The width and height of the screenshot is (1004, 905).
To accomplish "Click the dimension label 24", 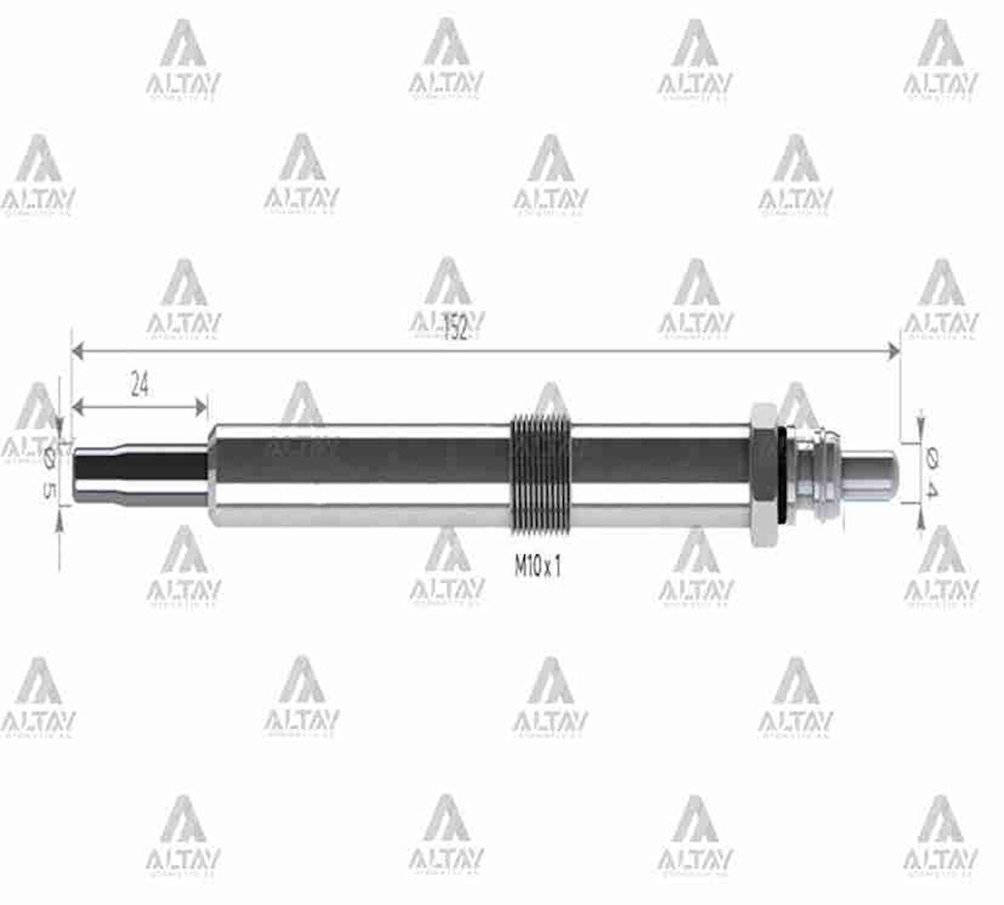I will [140, 387].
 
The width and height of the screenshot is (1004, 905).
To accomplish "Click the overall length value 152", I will [456, 329].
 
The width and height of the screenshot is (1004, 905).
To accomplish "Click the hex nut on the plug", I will [762, 473].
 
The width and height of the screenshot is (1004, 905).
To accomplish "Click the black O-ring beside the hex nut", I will [780, 473].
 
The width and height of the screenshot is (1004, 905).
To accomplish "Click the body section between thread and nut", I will [664, 473].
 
